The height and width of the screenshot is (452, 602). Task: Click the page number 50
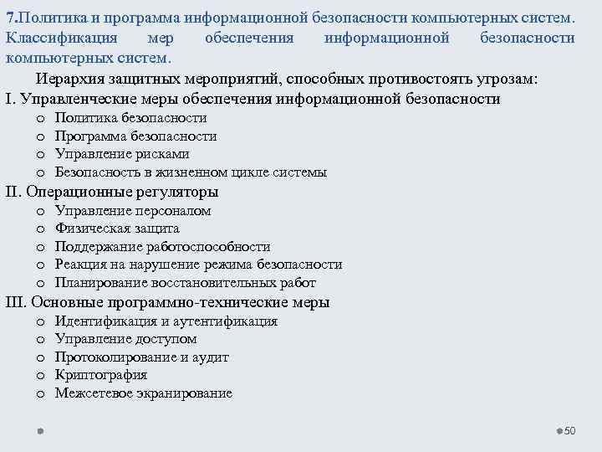click(x=571, y=430)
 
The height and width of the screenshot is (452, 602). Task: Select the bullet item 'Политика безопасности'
click(x=130, y=118)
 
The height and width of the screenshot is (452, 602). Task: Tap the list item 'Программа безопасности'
click(x=135, y=136)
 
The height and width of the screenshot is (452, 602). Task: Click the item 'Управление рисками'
click(x=122, y=154)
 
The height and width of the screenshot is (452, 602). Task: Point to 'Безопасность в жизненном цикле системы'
click(x=191, y=172)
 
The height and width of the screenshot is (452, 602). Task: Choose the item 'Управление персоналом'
click(x=133, y=211)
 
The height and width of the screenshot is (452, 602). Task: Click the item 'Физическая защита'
click(x=117, y=229)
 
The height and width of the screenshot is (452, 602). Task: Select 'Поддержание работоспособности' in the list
click(x=162, y=247)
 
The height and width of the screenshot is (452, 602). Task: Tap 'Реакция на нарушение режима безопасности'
click(x=198, y=265)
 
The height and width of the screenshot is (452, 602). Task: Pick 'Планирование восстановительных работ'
click(x=185, y=282)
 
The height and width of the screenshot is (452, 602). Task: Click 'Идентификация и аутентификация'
click(x=166, y=321)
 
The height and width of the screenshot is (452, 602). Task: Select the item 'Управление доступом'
click(x=125, y=339)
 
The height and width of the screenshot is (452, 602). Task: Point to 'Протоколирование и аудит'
click(x=141, y=357)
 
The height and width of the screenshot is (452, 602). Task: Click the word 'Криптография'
click(x=100, y=375)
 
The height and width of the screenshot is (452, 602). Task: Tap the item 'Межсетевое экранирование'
click(x=143, y=393)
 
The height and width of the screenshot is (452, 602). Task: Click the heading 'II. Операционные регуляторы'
click(x=118, y=192)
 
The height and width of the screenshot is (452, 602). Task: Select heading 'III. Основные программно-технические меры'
click(x=167, y=302)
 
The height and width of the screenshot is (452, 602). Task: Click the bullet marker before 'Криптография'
click(x=39, y=375)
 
